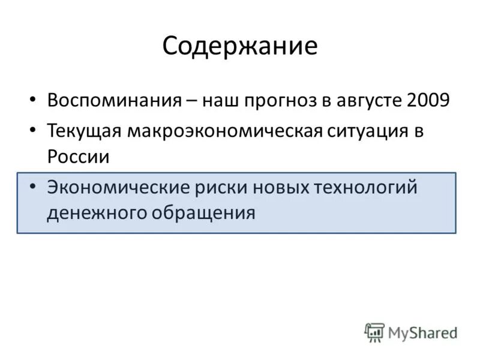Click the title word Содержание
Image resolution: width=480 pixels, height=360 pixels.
pyautogui.click(x=239, y=46)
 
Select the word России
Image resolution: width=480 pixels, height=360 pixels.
pyautogui.click(x=78, y=158)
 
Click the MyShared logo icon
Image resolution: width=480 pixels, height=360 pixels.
pyautogui.click(x=374, y=332)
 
